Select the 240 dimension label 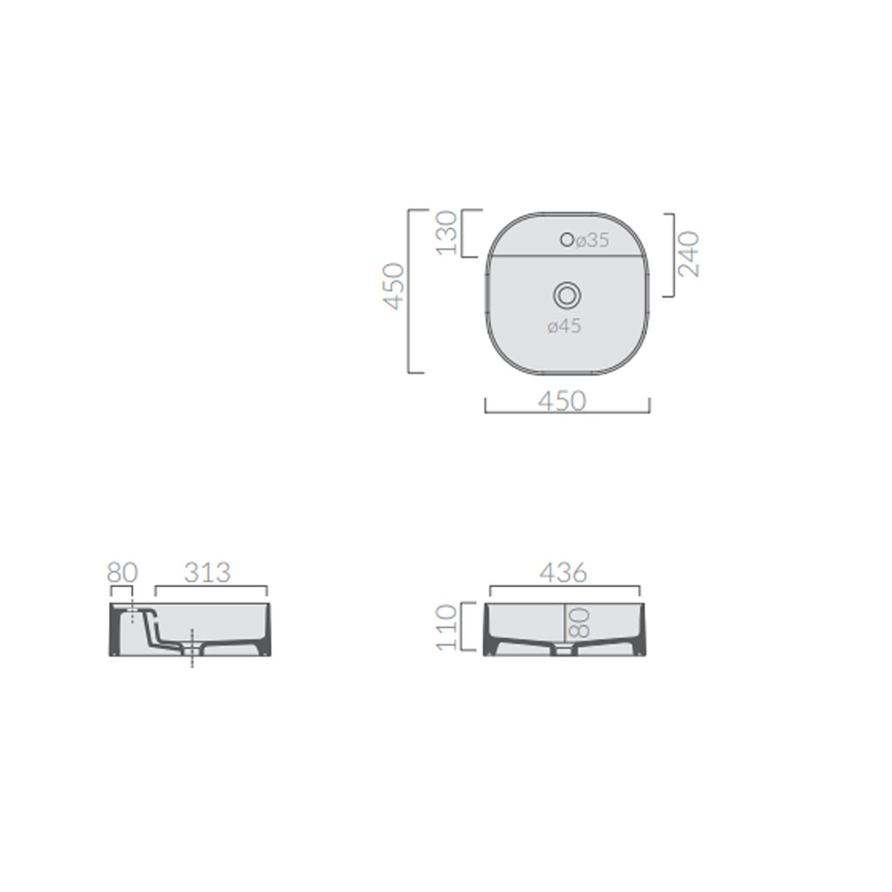tap(689, 253)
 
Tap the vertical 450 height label tap(395, 286)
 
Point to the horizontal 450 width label tap(562, 400)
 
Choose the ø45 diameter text tap(564, 327)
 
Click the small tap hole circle tap(567, 240)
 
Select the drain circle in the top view tap(567, 296)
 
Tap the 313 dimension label tap(207, 572)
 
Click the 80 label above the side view tap(123, 572)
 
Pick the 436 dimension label tap(564, 572)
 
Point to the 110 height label tap(446, 627)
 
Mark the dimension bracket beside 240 tap(673, 254)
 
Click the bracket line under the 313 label tap(211, 587)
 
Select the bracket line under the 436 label tap(564, 587)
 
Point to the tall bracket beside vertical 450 tap(411, 291)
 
